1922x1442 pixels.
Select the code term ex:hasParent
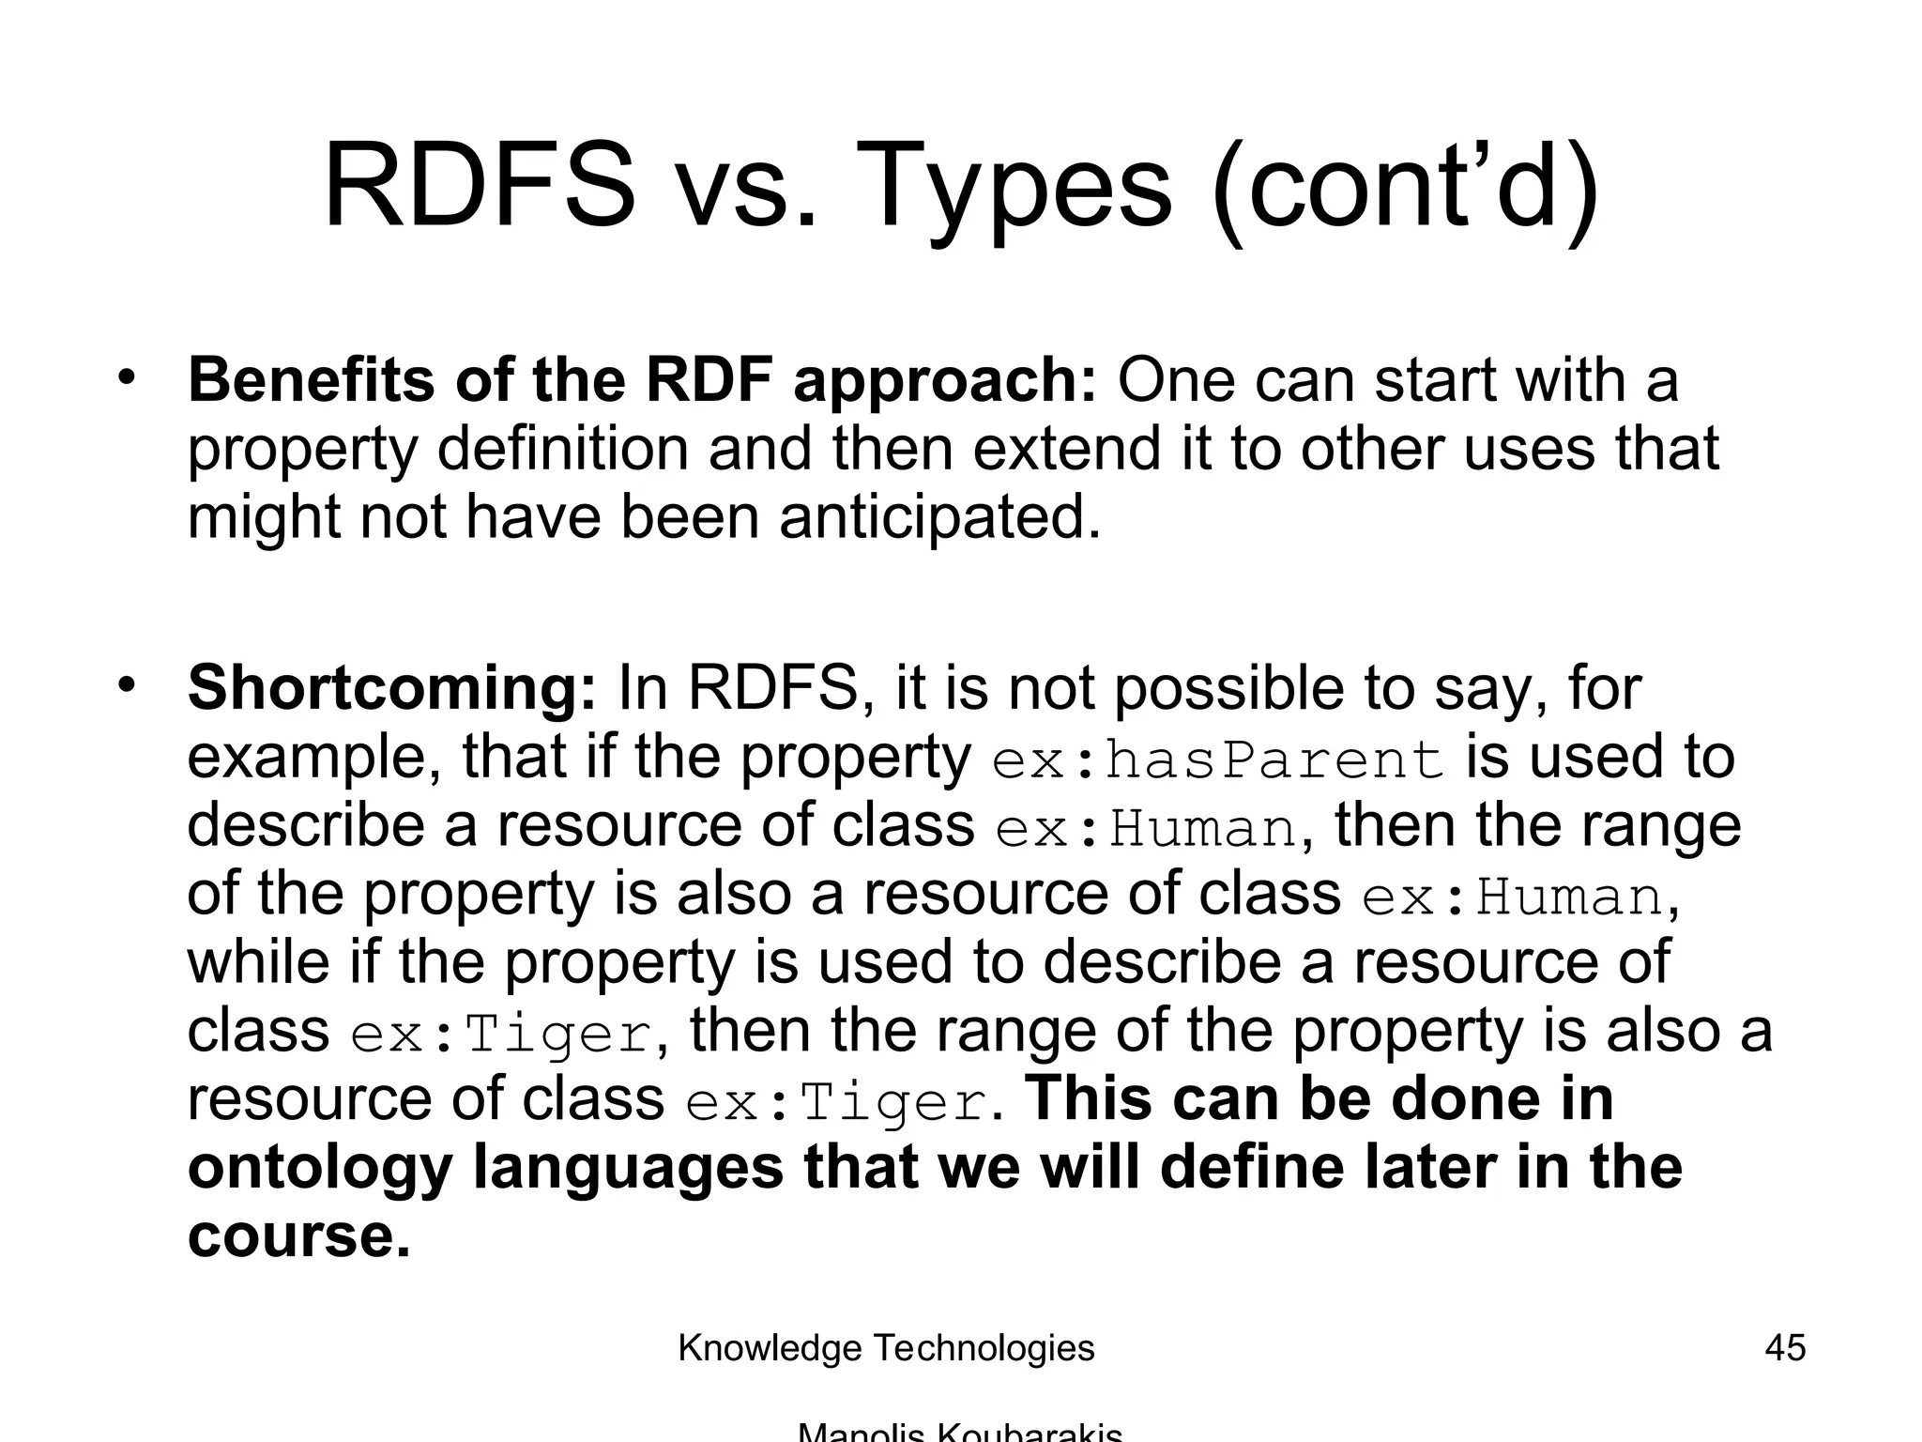click(x=1217, y=759)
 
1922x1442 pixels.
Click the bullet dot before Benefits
click(x=127, y=378)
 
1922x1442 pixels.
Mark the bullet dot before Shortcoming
click(x=127, y=684)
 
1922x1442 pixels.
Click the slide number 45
click(x=1784, y=1348)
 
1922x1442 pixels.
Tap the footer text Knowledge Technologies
click(x=886, y=1348)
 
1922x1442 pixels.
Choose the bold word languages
click(x=627, y=1170)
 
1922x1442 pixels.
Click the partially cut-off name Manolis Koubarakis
click(x=959, y=1433)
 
